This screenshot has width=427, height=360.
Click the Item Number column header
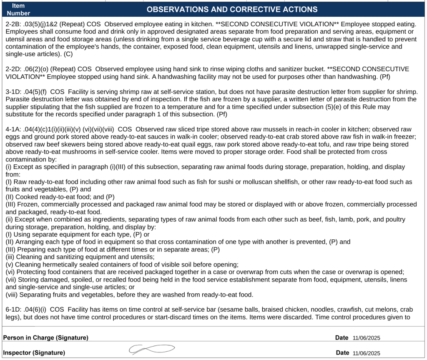tap(18, 9)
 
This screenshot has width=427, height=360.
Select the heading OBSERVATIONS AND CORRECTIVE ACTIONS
tap(232, 9)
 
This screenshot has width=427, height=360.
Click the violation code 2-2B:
tap(15, 24)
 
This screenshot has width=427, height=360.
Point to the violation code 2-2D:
tap(15, 69)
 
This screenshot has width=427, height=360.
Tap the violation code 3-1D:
tap(15, 92)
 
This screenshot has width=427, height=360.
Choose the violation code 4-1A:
tap(15, 129)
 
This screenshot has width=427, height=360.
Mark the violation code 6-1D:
tap(15, 310)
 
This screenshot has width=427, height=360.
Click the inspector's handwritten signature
tap(151, 350)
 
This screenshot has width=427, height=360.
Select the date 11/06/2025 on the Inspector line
tap(366, 353)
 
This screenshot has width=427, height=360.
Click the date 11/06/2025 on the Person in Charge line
tap(366, 338)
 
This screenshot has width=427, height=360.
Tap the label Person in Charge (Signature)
tap(45, 337)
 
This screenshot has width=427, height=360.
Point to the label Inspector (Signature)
tap(34, 353)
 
